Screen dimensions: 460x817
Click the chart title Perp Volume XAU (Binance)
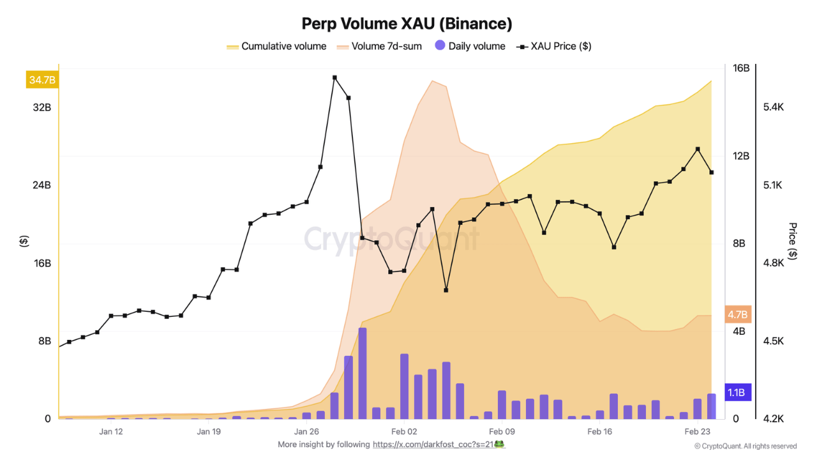click(407, 24)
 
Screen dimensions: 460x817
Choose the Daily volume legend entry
click(470, 46)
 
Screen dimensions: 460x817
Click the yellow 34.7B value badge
click(42, 80)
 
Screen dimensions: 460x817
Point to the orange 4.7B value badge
click(737, 314)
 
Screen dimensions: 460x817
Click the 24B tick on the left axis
click(41, 185)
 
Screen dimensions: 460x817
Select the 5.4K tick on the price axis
click(773, 107)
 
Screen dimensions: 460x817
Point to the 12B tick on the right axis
click(740, 156)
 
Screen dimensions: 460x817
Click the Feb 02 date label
click(404, 431)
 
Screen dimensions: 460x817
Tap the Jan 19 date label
click(209, 431)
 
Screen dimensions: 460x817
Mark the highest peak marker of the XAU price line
click(334, 77)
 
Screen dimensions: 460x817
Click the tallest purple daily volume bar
click(363, 373)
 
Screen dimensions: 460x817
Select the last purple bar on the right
click(711, 406)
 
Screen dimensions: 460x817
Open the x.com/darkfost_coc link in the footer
click(438, 444)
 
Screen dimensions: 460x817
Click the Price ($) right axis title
click(792, 241)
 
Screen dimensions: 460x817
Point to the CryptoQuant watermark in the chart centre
click(391, 239)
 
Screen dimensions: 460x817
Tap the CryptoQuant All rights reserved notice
click(746, 446)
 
